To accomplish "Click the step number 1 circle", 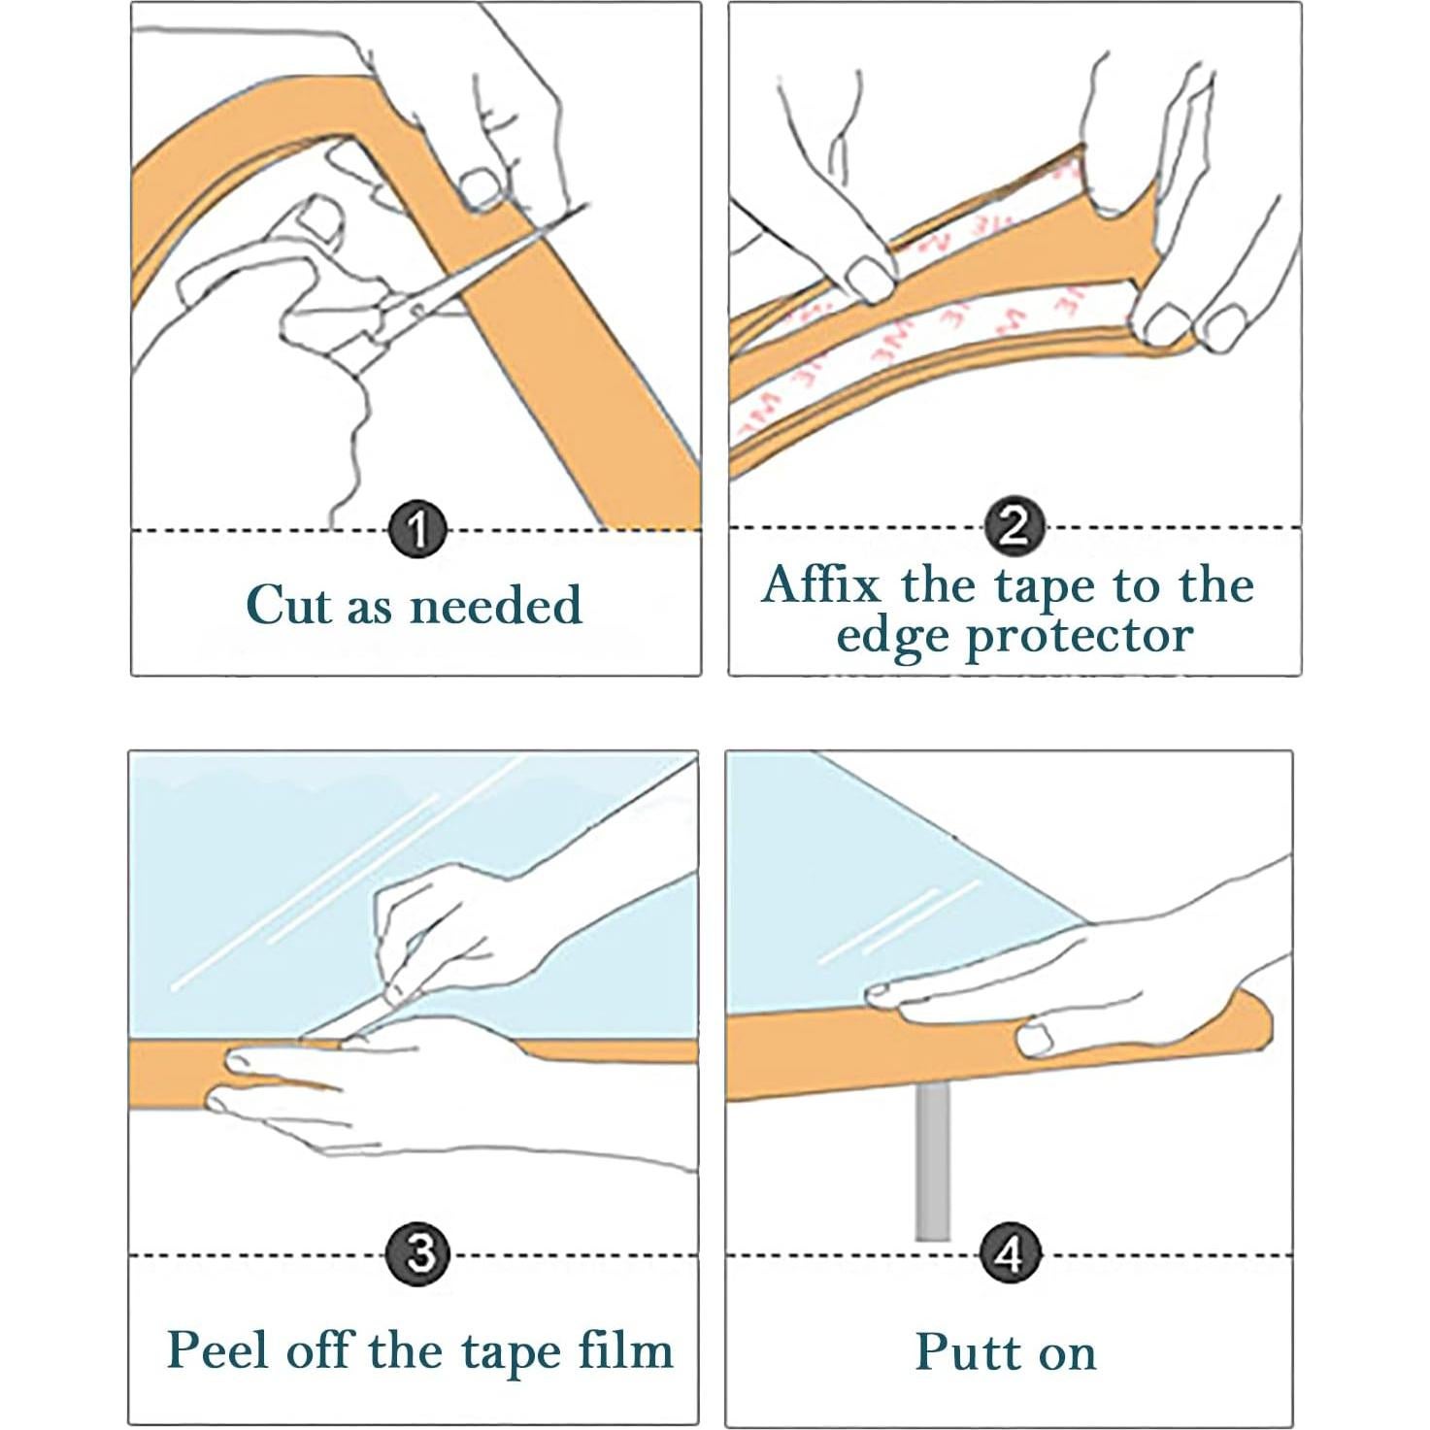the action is coord(417,531).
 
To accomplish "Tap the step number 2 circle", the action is coord(1015,527).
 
